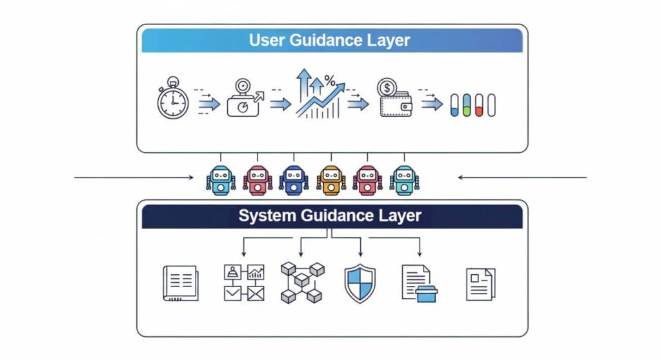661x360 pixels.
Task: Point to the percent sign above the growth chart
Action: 330,81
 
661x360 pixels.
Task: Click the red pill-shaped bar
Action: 479,105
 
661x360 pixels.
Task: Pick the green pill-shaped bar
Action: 467,105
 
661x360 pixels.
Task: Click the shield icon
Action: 360,283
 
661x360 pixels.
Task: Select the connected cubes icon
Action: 301,283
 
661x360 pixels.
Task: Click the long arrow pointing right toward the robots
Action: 136,176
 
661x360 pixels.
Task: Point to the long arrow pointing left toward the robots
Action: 523,176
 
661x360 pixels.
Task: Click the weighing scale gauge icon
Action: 243,99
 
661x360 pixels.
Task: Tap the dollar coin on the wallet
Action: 388,86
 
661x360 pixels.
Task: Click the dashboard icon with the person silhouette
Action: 243,283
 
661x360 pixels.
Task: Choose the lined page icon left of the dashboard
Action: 180,284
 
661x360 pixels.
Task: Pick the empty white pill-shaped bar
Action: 491,105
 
